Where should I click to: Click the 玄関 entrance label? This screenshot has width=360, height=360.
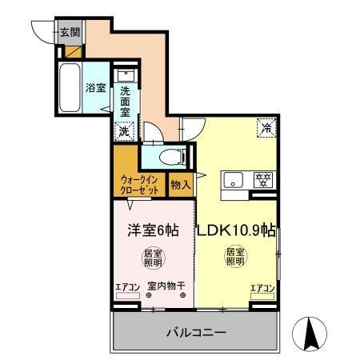point(70,32)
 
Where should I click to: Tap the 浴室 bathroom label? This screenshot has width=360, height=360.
point(96,87)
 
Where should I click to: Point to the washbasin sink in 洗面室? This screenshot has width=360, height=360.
point(126,78)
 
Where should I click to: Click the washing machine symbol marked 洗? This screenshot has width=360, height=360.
point(124,130)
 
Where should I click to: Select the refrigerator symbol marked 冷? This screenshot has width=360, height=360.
point(264,126)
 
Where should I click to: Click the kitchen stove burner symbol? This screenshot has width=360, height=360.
point(263,179)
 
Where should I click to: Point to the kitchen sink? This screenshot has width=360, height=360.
point(234,179)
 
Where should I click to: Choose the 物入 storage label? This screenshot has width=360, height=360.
point(181,184)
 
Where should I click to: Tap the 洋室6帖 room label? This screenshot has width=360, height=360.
point(153,230)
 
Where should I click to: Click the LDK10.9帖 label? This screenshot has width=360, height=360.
point(238,230)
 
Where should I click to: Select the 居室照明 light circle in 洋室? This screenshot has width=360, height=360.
point(153,258)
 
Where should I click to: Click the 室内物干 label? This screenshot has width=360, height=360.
point(166,287)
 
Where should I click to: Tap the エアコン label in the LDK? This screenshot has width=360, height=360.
point(262,287)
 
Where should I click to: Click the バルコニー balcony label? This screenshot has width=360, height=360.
point(197,331)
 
